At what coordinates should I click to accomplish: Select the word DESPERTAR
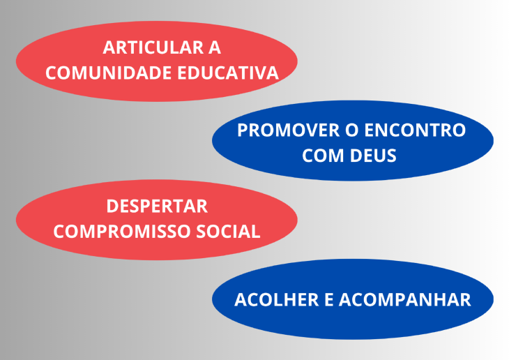(x=157, y=207)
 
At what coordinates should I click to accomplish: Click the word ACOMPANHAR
(x=407, y=300)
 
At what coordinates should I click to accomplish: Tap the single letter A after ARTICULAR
(x=214, y=48)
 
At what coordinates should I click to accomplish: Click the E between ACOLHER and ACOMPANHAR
(x=331, y=300)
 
